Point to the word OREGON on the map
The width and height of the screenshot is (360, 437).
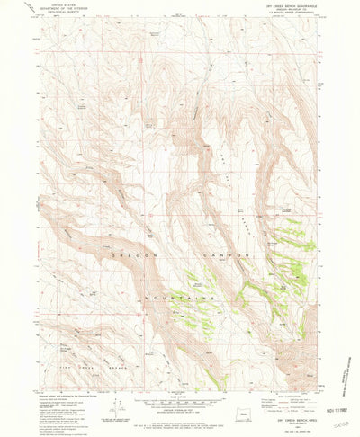click(x=114, y=255)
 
